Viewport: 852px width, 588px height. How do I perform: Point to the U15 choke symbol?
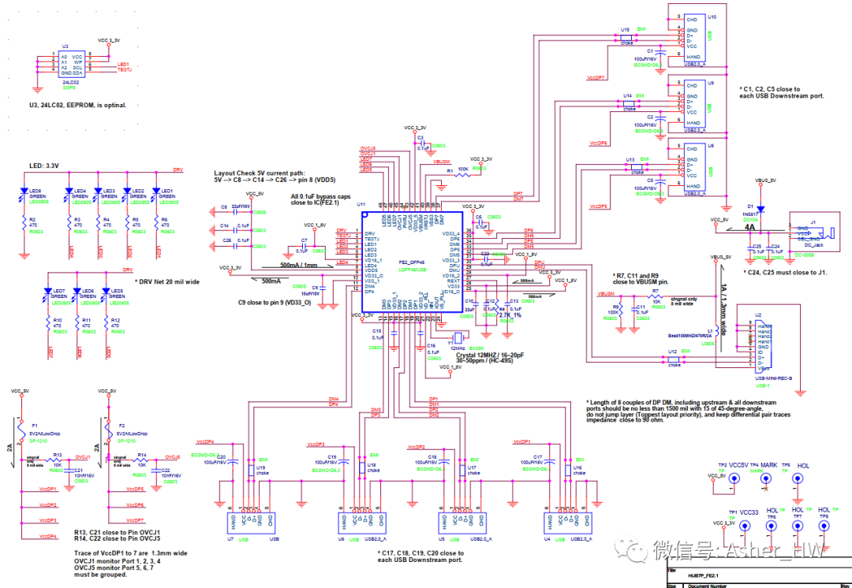627,37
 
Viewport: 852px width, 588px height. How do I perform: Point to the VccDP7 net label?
596,78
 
